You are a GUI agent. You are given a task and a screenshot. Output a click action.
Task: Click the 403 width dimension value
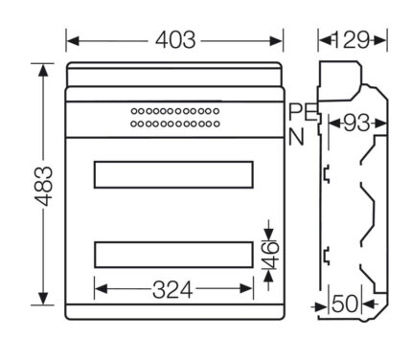tap(175, 40)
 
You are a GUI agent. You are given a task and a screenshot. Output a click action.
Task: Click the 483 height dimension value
tap(44, 186)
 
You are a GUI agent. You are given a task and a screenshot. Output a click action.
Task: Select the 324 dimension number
tap(172, 290)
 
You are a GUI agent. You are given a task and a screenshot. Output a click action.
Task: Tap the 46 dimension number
tap(270, 255)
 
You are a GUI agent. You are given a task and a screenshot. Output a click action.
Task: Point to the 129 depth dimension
tap(352, 40)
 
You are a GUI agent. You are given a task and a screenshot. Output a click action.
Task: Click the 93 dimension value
tap(356, 123)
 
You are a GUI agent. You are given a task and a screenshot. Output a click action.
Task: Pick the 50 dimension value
tap(345, 304)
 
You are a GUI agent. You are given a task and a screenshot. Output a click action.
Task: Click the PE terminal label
tap(303, 112)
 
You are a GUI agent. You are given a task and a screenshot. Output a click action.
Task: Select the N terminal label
tap(296, 137)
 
